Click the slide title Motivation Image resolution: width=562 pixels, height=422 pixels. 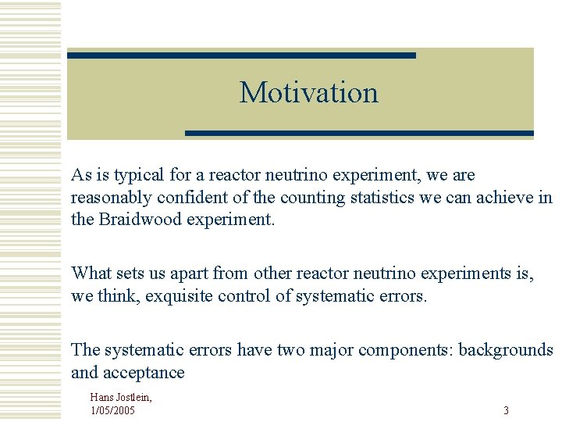coord(308,92)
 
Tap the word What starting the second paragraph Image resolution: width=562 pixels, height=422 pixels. coord(91,274)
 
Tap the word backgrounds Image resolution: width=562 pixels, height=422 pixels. coord(506,350)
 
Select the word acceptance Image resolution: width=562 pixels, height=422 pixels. coord(146,373)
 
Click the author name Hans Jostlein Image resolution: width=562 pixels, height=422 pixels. coord(121,398)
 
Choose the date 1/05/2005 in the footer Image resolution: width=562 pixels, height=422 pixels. coord(113,409)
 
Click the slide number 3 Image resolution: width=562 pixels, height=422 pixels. coord(506,410)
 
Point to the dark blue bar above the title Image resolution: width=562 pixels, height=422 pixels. coord(241,55)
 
